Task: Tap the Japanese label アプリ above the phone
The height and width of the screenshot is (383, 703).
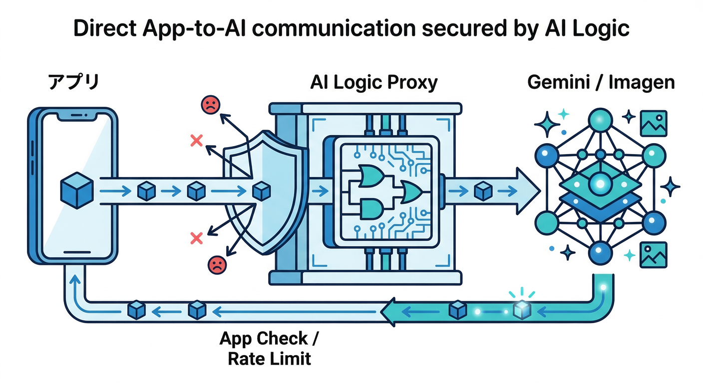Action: [73, 83]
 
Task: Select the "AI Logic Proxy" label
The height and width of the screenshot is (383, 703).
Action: [373, 82]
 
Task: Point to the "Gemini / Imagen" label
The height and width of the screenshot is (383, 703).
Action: [601, 82]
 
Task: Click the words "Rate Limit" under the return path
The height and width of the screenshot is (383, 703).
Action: [270, 358]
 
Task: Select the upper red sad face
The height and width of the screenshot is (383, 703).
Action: [210, 104]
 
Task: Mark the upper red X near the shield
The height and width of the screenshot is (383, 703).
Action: [196, 141]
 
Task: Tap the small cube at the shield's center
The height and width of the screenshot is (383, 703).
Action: [261, 191]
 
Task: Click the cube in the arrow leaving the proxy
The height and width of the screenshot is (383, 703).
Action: [482, 191]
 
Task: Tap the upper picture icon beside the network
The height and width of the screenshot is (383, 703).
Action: [653, 123]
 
